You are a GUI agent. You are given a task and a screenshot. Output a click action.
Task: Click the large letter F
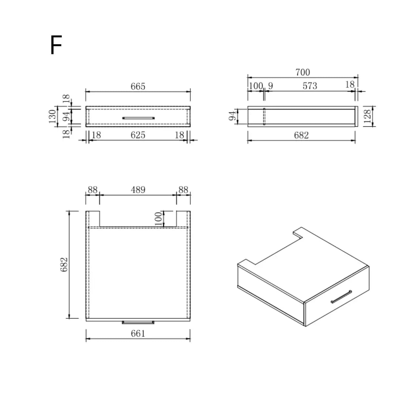(x=56, y=45)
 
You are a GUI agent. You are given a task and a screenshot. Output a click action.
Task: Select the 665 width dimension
(x=138, y=86)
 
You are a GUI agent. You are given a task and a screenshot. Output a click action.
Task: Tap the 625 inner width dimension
(x=138, y=135)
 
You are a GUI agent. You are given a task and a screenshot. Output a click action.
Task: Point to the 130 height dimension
(x=52, y=116)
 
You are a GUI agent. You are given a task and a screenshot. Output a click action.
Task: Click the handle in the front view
(x=138, y=118)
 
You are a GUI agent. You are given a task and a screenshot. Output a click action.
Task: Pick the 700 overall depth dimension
(x=302, y=72)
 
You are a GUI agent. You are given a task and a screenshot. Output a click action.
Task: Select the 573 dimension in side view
(x=310, y=86)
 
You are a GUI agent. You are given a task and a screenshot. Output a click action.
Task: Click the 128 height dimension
(x=367, y=116)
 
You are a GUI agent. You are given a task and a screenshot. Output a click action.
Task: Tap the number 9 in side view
(x=270, y=86)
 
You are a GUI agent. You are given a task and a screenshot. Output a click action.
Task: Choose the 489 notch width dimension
(x=138, y=189)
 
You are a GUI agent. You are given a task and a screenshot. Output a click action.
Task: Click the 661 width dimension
(x=138, y=333)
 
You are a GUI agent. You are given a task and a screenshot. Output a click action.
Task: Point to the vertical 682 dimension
(x=64, y=264)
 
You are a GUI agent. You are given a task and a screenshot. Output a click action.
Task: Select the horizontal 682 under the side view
(x=301, y=135)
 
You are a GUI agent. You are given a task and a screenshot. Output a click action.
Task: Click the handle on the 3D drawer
(x=341, y=296)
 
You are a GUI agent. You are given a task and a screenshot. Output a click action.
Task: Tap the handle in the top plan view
(x=138, y=322)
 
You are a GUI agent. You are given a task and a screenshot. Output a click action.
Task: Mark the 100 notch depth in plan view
(x=158, y=219)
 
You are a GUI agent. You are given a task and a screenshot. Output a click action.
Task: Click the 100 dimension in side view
(x=255, y=86)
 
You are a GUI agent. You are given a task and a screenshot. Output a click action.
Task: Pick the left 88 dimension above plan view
(x=93, y=189)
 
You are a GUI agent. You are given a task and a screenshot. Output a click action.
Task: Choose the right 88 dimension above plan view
(x=183, y=189)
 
